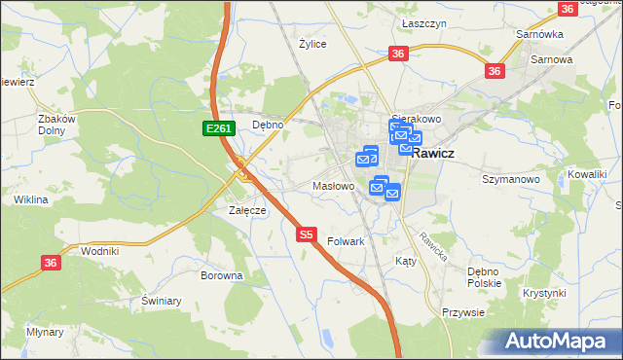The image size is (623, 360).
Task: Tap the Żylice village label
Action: pos(312,44)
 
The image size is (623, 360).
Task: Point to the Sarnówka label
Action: pos(540,34)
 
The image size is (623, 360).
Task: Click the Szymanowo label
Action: pos(511,179)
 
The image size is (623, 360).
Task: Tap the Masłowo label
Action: pos(332,185)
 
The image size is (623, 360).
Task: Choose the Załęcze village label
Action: pos(247,210)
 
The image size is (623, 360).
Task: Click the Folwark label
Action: pos(347,240)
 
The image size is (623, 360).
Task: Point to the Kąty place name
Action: pos(406,261)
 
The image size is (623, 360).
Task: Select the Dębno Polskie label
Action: pos(484,276)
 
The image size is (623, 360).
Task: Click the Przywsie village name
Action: pos(463,312)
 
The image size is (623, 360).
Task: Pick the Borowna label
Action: pos(221,275)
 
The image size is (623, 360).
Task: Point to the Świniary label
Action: pos(162,301)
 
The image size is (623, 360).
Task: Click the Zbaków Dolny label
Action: pos(56,125)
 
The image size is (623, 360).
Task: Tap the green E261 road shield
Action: pos(217,128)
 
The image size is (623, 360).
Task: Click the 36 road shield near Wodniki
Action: pos(52,262)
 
